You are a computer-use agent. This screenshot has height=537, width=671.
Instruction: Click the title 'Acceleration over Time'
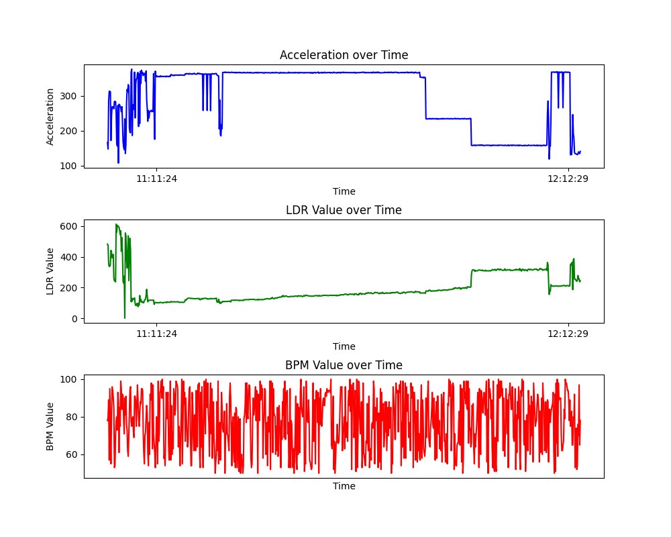[344, 55]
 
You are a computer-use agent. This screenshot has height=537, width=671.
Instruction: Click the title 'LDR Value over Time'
[344, 210]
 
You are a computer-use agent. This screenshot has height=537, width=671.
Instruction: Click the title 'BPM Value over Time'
[344, 365]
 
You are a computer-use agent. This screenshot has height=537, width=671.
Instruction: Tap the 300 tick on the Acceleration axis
[68, 97]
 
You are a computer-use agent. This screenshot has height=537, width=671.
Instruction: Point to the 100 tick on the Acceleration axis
[68, 166]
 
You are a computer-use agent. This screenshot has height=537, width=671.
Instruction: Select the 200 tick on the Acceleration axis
[68, 131]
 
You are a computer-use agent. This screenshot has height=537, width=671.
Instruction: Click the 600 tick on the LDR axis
[68, 226]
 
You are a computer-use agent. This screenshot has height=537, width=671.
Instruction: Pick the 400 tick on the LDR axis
[68, 257]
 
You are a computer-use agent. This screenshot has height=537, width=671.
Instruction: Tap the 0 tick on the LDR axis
[75, 319]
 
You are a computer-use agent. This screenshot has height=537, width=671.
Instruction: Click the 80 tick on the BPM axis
[72, 417]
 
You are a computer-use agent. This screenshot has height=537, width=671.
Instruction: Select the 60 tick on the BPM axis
[72, 455]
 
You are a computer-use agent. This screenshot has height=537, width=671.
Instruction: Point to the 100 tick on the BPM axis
[68, 379]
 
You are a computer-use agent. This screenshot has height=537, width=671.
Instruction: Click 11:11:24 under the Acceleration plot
[156, 179]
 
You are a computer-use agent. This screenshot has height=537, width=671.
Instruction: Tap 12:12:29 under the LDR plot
[568, 334]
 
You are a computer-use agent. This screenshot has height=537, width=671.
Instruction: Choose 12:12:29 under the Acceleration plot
[568, 179]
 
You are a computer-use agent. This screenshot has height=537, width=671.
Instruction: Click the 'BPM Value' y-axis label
[50, 426]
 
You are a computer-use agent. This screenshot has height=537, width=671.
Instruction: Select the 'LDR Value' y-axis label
[50, 271]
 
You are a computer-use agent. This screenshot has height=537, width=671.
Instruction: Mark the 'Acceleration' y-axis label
[50, 117]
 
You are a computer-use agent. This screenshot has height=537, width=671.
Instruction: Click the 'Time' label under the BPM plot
[344, 486]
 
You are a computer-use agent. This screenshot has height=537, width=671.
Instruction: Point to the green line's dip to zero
[125, 318]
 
